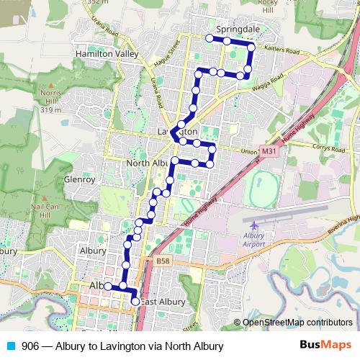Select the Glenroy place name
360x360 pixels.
[80, 179]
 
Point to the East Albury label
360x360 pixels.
[163, 302]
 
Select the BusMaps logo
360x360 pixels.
[322, 345]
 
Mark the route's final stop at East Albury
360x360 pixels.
[135, 302]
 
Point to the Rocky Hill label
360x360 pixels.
[267, 6]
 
